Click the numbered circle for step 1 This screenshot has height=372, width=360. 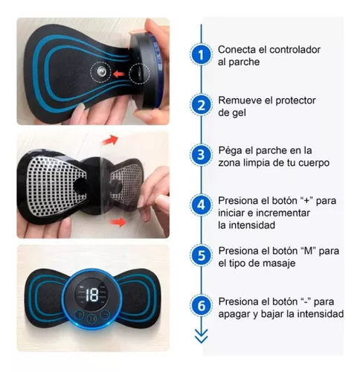(x=200, y=55)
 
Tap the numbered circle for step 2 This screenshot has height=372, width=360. (x=200, y=105)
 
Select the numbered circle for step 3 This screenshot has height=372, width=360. (x=200, y=155)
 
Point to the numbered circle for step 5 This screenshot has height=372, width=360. (x=200, y=255)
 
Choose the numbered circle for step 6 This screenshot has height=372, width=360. (x=200, y=306)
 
